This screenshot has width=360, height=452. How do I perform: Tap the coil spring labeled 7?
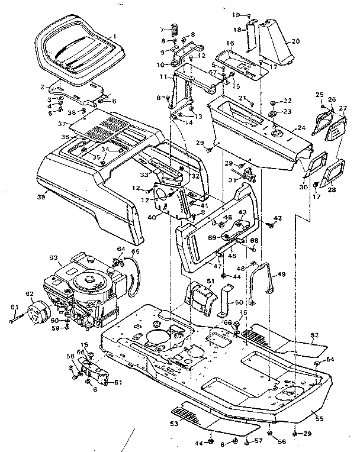pos(175,29)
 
